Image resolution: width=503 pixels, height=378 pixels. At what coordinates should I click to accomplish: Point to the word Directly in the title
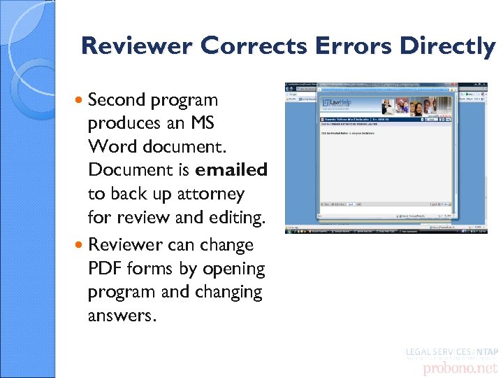pyautogui.click(x=447, y=46)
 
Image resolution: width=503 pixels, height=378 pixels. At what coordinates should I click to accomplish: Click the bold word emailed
pyautogui.click(x=232, y=170)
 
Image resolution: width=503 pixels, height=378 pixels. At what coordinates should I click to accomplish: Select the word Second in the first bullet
pyautogui.click(x=116, y=100)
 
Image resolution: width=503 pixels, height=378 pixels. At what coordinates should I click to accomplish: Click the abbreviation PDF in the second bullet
pyautogui.click(x=107, y=269)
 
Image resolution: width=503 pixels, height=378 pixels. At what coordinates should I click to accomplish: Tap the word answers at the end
pyautogui.click(x=119, y=316)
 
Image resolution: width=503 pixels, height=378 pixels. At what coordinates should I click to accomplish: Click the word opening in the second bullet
pyautogui.click(x=237, y=269)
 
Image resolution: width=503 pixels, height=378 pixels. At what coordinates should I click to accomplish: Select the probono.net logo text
pyautogui.click(x=453, y=367)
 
